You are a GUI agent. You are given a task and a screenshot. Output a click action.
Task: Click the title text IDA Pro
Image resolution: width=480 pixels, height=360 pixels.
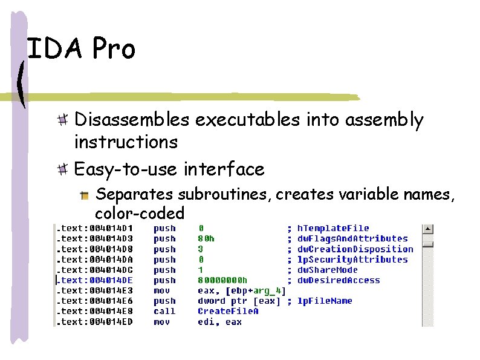(82, 49)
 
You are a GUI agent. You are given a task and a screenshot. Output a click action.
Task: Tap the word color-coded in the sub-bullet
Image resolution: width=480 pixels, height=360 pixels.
(140, 213)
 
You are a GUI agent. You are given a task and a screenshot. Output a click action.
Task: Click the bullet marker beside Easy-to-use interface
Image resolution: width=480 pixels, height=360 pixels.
(62, 169)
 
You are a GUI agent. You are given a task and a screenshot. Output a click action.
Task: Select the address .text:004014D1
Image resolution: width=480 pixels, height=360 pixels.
(95, 229)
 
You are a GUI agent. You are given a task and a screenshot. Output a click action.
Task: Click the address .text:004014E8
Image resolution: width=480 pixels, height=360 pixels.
(95, 312)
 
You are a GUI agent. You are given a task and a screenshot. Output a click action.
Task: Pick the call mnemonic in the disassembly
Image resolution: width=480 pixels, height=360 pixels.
(164, 312)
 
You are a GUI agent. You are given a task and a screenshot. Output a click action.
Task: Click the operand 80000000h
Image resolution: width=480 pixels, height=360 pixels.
(223, 281)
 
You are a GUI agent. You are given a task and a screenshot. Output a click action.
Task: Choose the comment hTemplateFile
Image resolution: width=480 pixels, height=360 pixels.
(333, 229)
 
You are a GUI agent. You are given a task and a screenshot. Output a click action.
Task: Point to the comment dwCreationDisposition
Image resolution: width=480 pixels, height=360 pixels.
(355, 249)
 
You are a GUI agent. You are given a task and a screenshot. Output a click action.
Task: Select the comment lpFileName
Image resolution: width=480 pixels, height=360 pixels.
(325, 301)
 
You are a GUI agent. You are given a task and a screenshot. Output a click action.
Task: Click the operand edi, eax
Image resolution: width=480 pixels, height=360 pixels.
(219, 322)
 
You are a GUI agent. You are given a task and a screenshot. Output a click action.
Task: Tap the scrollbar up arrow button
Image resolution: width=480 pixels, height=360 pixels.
(427, 229)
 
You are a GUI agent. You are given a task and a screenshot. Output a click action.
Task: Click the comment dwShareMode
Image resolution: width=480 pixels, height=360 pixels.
(328, 270)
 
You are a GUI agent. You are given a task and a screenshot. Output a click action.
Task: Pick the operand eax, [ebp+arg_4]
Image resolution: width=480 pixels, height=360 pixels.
(242, 291)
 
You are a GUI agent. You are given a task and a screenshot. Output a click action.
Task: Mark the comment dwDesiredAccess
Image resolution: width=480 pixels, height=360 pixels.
(339, 281)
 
